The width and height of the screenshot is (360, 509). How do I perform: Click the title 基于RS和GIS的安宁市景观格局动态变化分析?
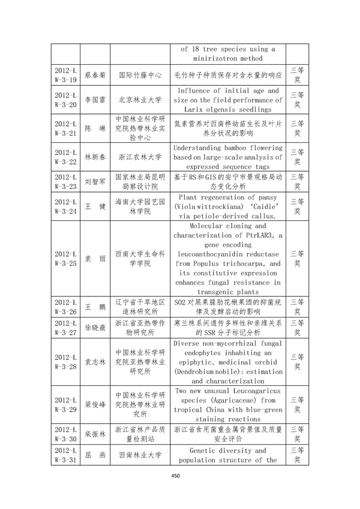(x=225, y=182)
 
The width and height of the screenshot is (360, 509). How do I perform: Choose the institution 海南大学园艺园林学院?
(x=139, y=206)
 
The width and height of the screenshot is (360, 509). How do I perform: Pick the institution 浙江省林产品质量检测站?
(x=139, y=434)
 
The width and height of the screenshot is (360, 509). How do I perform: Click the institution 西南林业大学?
(x=139, y=455)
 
